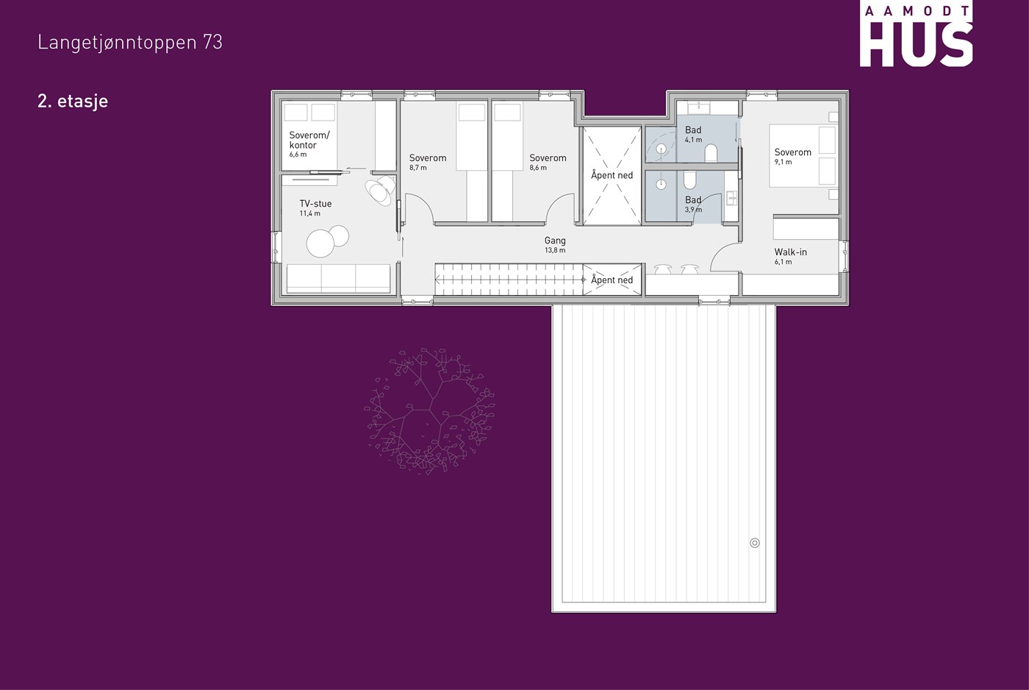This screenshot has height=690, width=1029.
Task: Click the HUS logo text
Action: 916,44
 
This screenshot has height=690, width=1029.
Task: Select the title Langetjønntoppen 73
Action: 130,42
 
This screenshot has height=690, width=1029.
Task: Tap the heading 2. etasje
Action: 73,101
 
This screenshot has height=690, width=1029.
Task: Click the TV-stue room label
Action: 315,204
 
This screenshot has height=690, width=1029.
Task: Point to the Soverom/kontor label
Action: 309,141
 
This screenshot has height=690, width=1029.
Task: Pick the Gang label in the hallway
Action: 555,241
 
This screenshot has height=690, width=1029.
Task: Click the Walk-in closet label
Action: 791,252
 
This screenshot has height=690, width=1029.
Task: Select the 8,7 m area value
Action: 418,168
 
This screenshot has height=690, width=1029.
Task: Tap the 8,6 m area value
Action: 538,168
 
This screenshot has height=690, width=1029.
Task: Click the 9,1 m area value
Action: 784,163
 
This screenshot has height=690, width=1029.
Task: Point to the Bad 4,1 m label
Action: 693,134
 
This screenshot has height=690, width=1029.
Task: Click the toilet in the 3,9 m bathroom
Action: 689,180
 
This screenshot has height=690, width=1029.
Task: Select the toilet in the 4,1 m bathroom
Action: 711,153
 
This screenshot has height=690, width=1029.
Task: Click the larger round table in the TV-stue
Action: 320,243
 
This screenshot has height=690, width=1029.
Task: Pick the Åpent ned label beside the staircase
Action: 612,280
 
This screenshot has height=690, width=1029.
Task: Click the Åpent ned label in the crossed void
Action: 612,175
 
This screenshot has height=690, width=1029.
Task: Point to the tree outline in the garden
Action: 430,410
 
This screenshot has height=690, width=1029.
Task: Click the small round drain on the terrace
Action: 755,543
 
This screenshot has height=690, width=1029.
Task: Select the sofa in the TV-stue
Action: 339,278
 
